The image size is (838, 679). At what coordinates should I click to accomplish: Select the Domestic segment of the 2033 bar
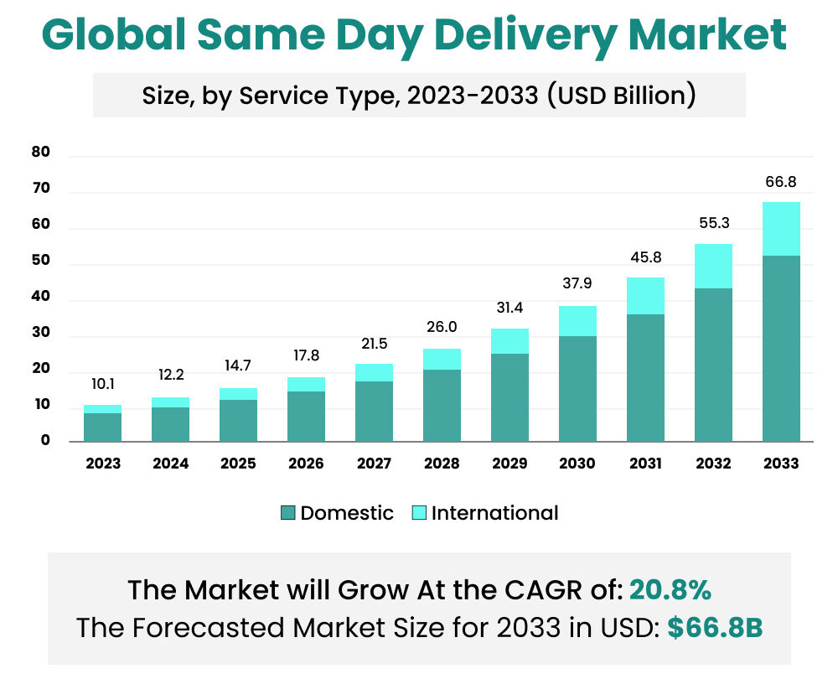click(x=781, y=348)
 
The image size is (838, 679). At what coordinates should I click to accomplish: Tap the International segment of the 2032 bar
click(x=713, y=266)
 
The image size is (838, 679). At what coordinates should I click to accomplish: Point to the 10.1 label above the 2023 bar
click(x=102, y=385)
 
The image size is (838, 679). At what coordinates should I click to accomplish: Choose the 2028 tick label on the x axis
click(x=442, y=464)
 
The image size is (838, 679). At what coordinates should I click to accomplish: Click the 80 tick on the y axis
click(x=41, y=153)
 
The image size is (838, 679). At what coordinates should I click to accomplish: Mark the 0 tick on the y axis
click(x=47, y=441)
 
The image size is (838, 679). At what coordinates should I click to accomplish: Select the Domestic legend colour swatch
click(x=288, y=513)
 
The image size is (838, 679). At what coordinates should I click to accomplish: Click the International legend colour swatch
click(x=419, y=513)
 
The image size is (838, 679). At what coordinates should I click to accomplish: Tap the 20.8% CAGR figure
click(x=670, y=590)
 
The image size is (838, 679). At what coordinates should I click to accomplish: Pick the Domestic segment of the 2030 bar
click(x=577, y=388)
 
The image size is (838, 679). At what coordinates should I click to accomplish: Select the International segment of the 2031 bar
click(x=645, y=296)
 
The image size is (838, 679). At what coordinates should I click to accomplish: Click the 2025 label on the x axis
click(x=238, y=464)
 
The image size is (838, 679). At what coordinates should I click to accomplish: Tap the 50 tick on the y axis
click(x=41, y=262)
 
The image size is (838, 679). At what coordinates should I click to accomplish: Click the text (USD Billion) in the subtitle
click(x=621, y=96)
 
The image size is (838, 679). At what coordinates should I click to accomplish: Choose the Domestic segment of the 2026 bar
click(x=306, y=416)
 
